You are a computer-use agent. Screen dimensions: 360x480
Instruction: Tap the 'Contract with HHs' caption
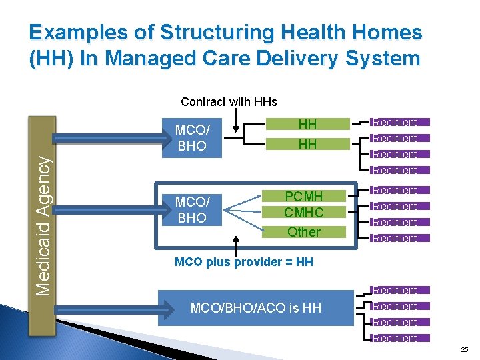pos(229,102)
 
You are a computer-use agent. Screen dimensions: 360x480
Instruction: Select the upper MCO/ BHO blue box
pos(191,138)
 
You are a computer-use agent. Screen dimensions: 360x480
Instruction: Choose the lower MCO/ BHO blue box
pos(191,209)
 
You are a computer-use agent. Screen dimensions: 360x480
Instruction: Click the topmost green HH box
pos(307,124)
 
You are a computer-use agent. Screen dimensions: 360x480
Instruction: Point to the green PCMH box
pos(303,197)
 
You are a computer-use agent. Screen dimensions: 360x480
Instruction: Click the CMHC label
pos(303,213)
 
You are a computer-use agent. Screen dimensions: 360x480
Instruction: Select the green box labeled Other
pos(303,232)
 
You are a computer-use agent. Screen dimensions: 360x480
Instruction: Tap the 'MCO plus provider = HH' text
pos(243,261)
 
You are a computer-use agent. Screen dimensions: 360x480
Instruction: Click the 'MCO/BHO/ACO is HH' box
pos(255,307)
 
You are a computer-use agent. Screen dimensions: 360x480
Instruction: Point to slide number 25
pos(464,349)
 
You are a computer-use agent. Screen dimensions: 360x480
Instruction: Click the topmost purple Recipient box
pos(395,122)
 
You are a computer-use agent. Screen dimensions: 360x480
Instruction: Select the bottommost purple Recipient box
pos(395,338)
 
